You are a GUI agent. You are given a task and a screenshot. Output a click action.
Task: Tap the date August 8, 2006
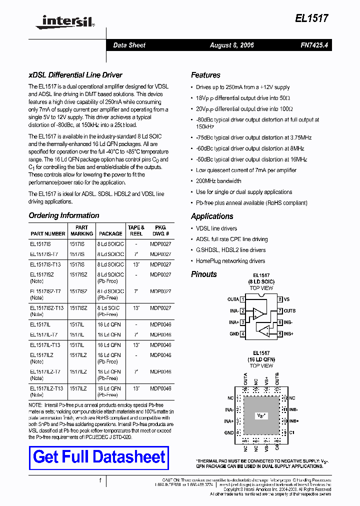[231, 45]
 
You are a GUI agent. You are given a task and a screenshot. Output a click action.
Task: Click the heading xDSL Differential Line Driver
[75, 75]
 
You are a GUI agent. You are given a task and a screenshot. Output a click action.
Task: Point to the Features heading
[205, 75]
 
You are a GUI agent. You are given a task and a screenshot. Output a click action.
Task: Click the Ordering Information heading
[64, 215]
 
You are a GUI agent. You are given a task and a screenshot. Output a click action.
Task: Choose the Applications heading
[212, 216]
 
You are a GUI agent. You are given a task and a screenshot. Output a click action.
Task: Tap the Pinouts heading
[204, 274]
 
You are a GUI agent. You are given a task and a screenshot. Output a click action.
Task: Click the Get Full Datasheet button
[99, 457]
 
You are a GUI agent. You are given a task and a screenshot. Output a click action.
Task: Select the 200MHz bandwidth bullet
[218, 181]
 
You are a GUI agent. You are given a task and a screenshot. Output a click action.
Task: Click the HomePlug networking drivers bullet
[230, 261]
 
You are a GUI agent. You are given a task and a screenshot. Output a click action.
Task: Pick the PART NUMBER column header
[48, 233]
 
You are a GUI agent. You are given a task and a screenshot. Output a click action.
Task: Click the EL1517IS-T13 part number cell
[45, 264]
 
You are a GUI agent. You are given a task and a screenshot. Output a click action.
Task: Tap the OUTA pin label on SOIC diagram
[233, 299]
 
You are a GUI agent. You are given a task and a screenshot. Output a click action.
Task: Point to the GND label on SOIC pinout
[233, 333]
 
